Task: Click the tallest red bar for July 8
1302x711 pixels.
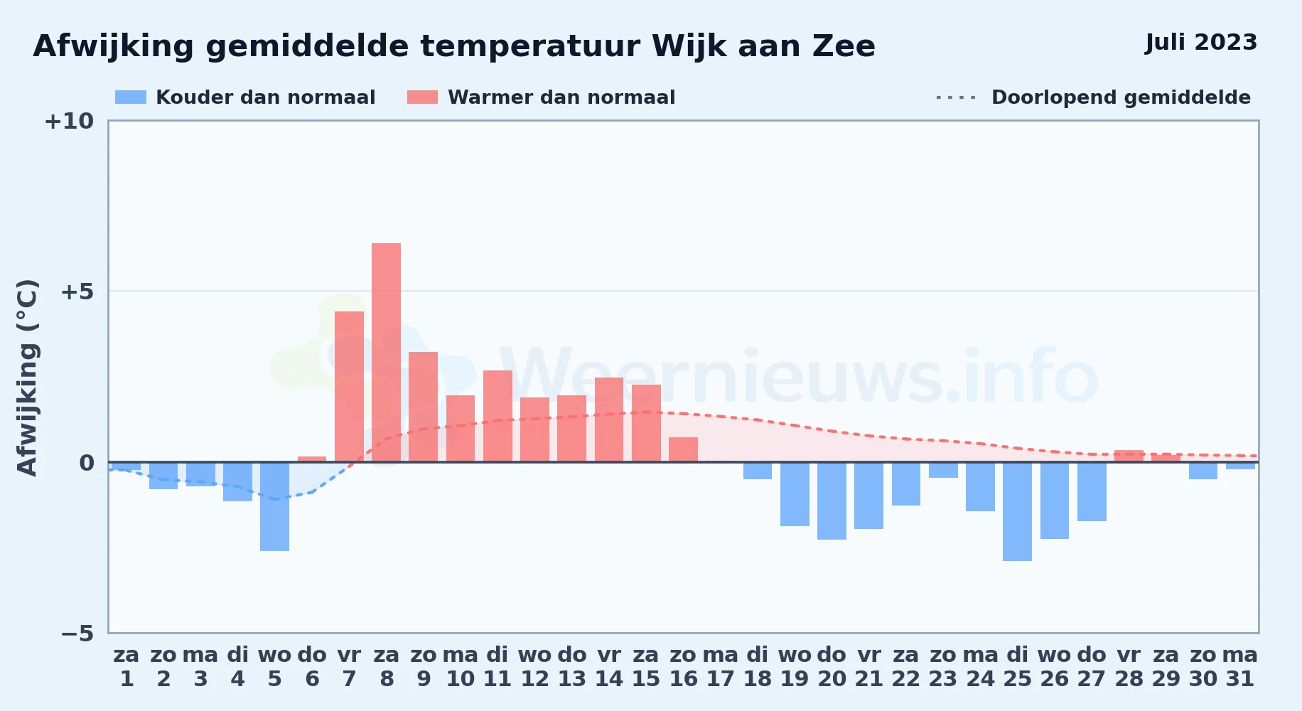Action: click(x=386, y=353)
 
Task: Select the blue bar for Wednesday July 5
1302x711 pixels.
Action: click(x=274, y=506)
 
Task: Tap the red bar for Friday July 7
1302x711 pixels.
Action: click(x=349, y=387)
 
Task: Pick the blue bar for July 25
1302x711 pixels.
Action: click(x=1017, y=511)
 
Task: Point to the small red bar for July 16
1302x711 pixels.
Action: click(x=683, y=449)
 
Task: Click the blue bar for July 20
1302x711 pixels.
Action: click(x=832, y=501)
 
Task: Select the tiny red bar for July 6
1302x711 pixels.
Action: click(x=312, y=459)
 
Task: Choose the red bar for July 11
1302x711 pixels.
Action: click(x=497, y=416)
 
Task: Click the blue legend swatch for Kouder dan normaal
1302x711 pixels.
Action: click(x=131, y=97)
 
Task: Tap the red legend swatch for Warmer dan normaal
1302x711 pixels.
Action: click(x=422, y=97)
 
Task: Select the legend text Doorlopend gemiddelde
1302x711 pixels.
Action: click(x=1121, y=97)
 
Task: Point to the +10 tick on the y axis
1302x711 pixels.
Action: click(x=69, y=121)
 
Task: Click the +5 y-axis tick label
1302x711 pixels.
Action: click(x=77, y=292)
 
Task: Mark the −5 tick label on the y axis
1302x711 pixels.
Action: click(x=77, y=633)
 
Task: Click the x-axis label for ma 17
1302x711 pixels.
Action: click(x=720, y=667)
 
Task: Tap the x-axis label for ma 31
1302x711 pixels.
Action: click(x=1240, y=667)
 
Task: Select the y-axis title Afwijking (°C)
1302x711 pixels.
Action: click(x=27, y=377)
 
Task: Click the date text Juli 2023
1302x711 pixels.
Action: click(x=1201, y=43)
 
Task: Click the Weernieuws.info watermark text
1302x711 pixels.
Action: click(x=799, y=378)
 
